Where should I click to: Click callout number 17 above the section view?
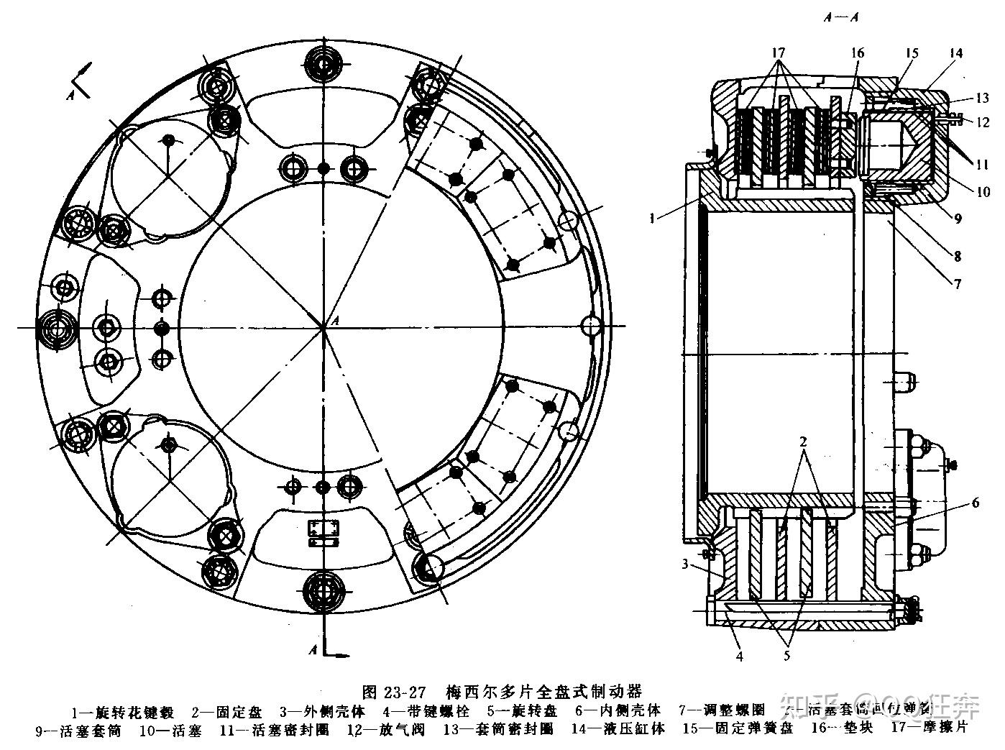point(779,53)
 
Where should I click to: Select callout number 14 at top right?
point(955,53)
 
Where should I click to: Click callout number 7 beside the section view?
point(957,283)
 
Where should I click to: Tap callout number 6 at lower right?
point(975,503)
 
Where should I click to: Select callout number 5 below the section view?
point(786,655)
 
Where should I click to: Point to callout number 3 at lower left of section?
point(686,563)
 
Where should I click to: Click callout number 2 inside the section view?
point(804,440)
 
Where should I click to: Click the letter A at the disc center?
point(333,320)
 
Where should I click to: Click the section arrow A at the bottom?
point(314,649)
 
